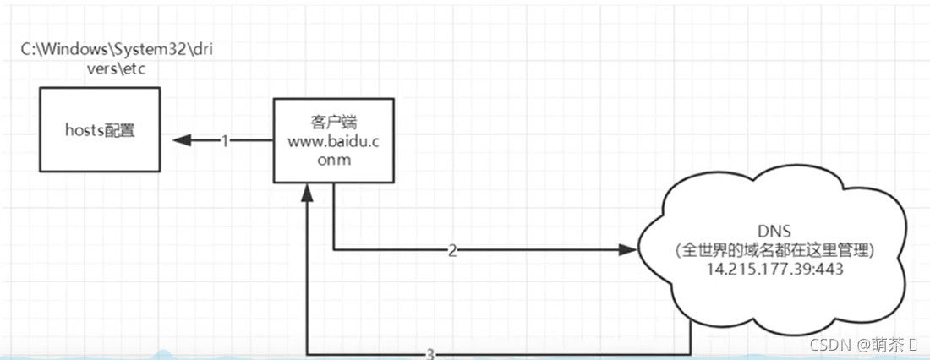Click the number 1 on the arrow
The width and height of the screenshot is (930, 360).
coord(225,141)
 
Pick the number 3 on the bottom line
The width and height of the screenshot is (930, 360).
coord(430,353)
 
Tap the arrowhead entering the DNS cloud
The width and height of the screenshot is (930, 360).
coord(626,250)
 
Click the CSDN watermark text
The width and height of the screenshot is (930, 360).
coord(827,345)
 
